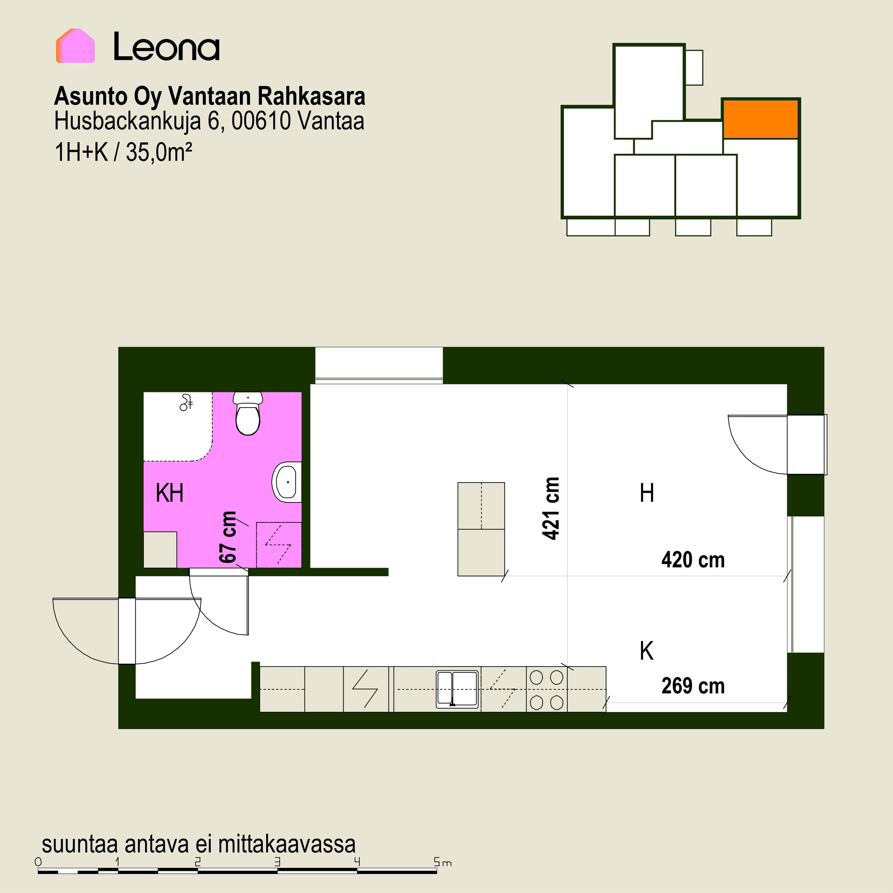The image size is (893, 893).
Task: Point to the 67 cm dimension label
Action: (228, 537)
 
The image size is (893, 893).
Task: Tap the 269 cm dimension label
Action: (693, 686)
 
